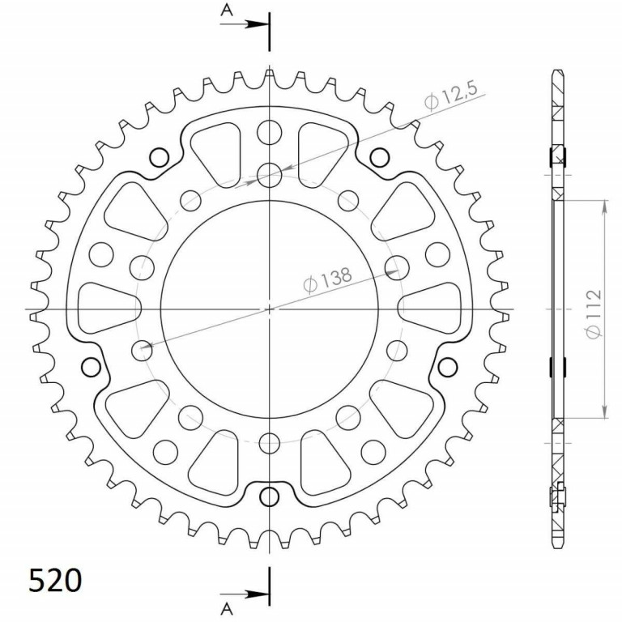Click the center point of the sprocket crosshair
(x=270, y=309)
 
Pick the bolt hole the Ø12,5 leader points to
(x=270, y=174)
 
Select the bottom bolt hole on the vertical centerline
(x=270, y=442)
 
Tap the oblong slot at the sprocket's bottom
(x=270, y=496)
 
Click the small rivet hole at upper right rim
(x=377, y=156)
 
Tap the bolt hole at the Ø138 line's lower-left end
(x=142, y=350)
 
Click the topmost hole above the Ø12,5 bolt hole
(x=270, y=130)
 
